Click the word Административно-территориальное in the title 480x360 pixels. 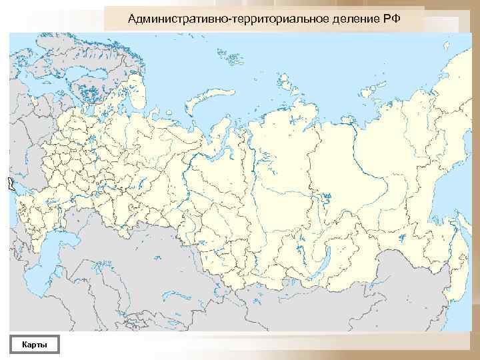(x=224, y=17)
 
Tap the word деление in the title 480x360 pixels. (x=350, y=17)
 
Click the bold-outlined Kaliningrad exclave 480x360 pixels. (x=11, y=183)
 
